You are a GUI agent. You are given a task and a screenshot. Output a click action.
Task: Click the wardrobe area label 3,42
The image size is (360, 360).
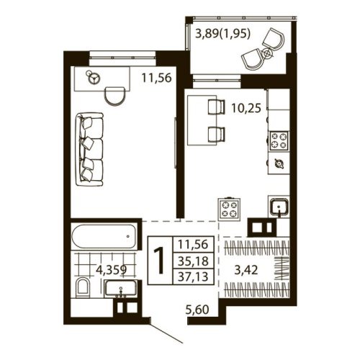247,271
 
